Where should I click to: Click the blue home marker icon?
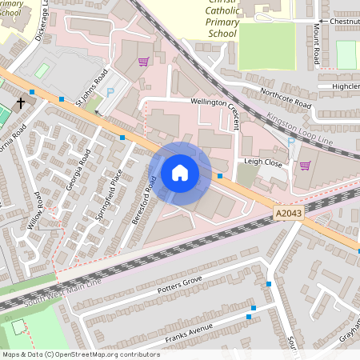click(x=180, y=172)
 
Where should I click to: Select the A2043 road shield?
click(x=290, y=213)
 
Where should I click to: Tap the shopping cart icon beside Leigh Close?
click(x=305, y=166)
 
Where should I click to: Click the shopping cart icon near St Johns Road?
click(x=144, y=61)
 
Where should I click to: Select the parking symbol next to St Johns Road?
click(x=110, y=93)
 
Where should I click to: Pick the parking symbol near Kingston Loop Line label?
click(x=291, y=142)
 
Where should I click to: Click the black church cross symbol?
click(x=22, y=103)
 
